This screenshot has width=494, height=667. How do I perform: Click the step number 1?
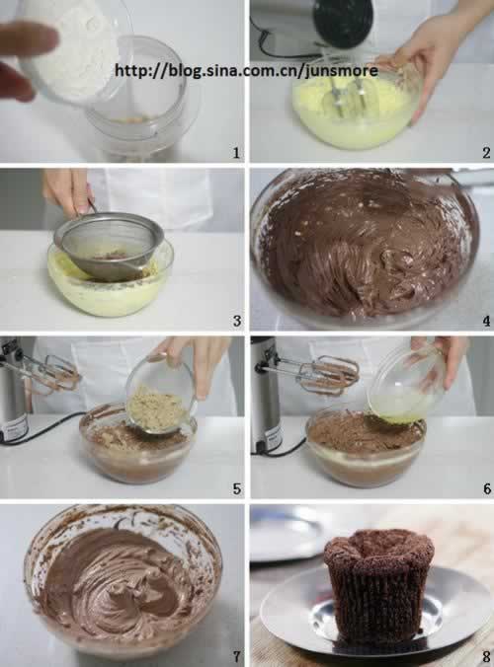click(236, 153)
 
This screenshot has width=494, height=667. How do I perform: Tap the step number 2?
click(486, 153)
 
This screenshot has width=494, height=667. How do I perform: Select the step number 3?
click(237, 321)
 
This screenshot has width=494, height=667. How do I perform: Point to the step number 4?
click(486, 321)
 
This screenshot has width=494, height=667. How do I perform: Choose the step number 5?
click(237, 488)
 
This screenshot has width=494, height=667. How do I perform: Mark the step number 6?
click(487, 488)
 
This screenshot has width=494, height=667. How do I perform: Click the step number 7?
click(237, 656)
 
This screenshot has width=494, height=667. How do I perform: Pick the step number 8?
click(487, 656)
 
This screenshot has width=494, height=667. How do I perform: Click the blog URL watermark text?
click(246, 70)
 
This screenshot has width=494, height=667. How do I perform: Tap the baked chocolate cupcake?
click(378, 585)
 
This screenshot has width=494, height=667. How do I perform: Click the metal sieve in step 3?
click(110, 245)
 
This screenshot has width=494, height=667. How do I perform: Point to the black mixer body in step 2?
click(344, 24)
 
